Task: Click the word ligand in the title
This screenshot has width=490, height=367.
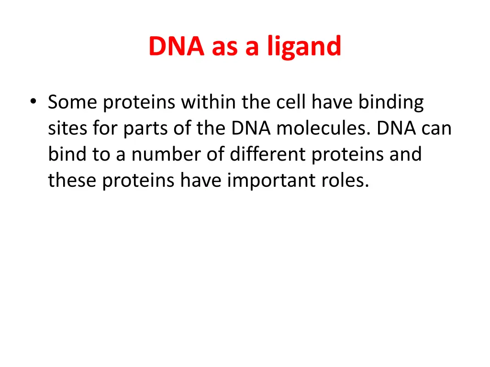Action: point(304,47)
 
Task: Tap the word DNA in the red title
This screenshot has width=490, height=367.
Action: point(176,47)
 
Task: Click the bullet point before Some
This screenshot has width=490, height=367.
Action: point(33,102)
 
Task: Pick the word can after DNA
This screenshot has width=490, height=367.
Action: point(436,129)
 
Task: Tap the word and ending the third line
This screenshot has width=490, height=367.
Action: point(406,155)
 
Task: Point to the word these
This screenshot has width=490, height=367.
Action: point(72,181)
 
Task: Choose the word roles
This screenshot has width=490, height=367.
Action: point(350,181)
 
